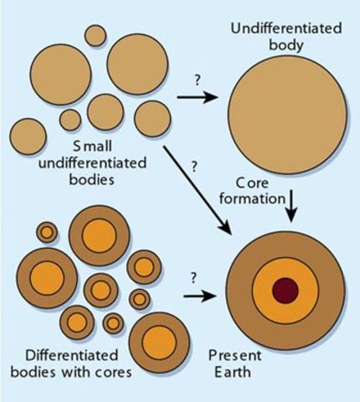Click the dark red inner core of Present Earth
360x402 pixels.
pos(286,290)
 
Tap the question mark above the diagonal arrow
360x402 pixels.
pos(194,166)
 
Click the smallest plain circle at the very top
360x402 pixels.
pos(95,35)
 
